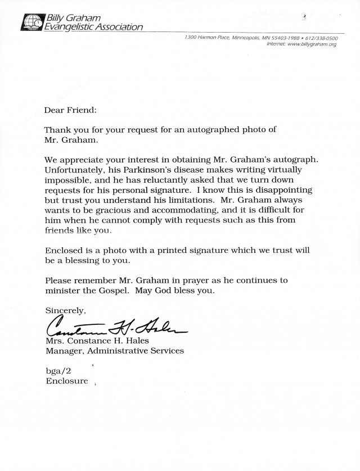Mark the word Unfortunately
[x=73, y=169]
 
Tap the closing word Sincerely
[x=65, y=310]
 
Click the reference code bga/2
[x=59, y=371]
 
